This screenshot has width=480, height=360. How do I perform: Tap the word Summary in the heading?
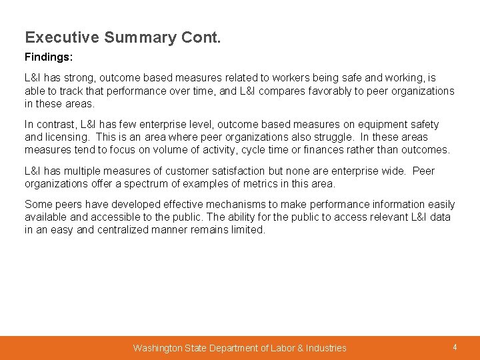[x=139, y=37]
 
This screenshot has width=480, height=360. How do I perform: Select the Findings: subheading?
[x=49, y=58]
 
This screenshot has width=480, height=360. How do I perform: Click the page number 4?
[x=455, y=347]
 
